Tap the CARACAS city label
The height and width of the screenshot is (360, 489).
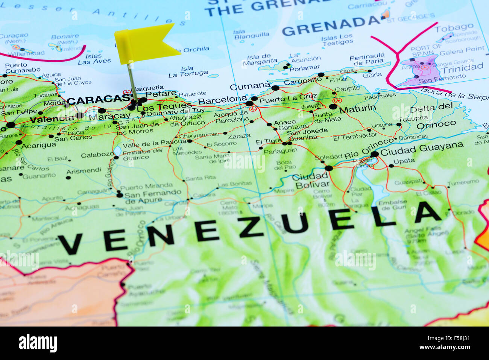[x=99, y=100]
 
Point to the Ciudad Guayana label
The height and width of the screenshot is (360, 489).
[x=422, y=149]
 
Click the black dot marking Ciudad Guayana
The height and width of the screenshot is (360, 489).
[x=374, y=154]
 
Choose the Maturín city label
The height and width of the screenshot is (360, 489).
[x=357, y=109]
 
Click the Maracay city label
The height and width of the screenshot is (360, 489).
[x=109, y=116]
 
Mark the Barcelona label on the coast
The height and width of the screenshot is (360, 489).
[x=222, y=100]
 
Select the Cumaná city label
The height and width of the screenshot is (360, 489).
[x=249, y=87]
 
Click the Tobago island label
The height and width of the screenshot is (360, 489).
[x=454, y=27]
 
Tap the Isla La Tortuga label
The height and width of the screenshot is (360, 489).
[x=188, y=71]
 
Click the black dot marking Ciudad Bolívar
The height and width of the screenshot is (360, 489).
[x=329, y=168]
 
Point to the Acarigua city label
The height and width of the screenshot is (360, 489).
[x=38, y=146]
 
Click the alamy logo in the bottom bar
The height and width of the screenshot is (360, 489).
[x=38, y=343]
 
